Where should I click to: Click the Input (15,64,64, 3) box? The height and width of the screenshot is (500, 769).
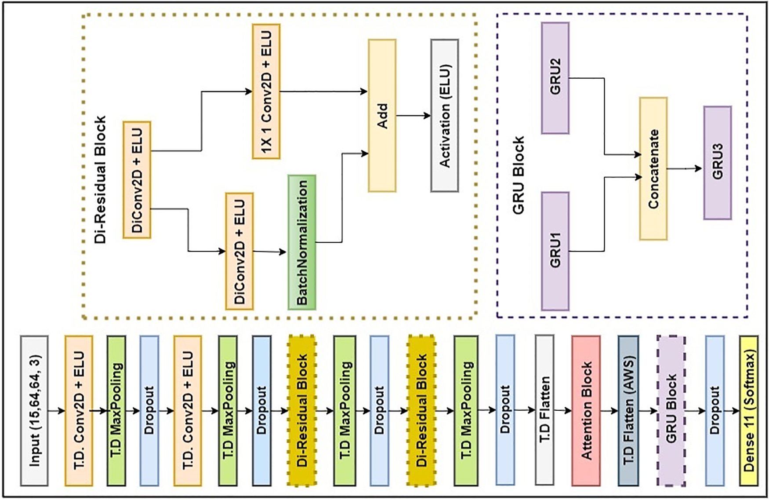click(x=34, y=411)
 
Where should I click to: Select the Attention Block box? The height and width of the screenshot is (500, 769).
click(x=586, y=411)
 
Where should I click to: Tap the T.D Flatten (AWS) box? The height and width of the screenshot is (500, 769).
click(x=628, y=411)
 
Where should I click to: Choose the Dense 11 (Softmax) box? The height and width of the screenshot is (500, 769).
click(x=749, y=411)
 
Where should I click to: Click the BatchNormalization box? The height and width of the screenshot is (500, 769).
click(x=302, y=242)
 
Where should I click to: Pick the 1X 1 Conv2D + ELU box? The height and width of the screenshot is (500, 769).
click(x=266, y=91)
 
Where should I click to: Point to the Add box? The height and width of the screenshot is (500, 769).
click(x=382, y=116)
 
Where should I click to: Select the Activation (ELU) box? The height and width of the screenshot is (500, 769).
click(x=445, y=116)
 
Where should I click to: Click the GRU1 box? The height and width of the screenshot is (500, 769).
click(x=555, y=251)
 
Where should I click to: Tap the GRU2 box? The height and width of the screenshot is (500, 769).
click(x=555, y=78)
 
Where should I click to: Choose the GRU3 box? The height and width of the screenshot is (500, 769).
click(x=718, y=163)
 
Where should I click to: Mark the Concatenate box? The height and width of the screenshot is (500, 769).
click(x=653, y=168)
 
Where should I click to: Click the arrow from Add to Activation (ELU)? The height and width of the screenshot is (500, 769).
click(x=414, y=116)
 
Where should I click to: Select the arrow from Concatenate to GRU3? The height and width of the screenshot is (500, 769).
click(x=685, y=168)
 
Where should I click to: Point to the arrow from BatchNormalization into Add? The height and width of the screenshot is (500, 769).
click(x=342, y=198)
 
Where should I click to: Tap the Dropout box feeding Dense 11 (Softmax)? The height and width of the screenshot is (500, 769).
click(x=715, y=411)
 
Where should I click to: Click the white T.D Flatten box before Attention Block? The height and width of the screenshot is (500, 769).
click(x=545, y=410)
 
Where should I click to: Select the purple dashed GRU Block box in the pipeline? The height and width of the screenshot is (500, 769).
click(x=671, y=411)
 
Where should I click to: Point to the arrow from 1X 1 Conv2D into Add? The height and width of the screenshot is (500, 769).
click(x=324, y=91)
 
